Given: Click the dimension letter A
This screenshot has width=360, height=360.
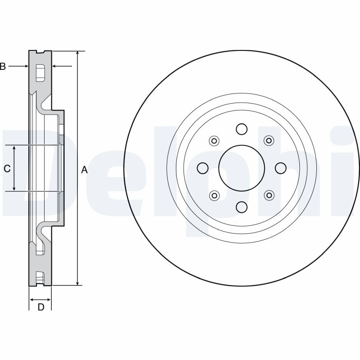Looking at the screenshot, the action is pos(85,170).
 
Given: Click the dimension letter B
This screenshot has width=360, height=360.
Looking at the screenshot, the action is pos(3,66).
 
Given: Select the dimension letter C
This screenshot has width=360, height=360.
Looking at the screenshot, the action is pos(7,169).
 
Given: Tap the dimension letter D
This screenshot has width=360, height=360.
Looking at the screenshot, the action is pos(41,307).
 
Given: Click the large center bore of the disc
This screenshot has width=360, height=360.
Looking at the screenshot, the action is pos(242,168).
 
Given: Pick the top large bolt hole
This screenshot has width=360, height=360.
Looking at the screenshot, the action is pos(242,129).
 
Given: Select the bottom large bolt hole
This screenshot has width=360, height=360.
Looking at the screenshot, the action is pos(242,207).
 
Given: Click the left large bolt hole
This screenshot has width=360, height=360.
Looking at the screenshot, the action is pos(203,168).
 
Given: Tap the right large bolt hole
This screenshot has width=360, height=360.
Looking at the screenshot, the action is pos(280,168).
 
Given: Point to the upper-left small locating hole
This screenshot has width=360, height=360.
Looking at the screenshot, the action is pos(214,141).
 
